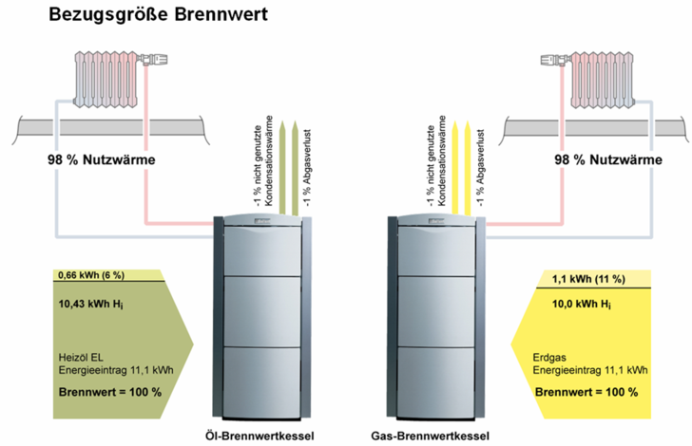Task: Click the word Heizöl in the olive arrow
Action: coord(75,357)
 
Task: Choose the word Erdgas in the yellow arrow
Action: coord(550,357)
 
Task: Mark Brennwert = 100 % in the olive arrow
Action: coord(105,392)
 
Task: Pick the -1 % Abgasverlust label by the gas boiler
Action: coord(482,166)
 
